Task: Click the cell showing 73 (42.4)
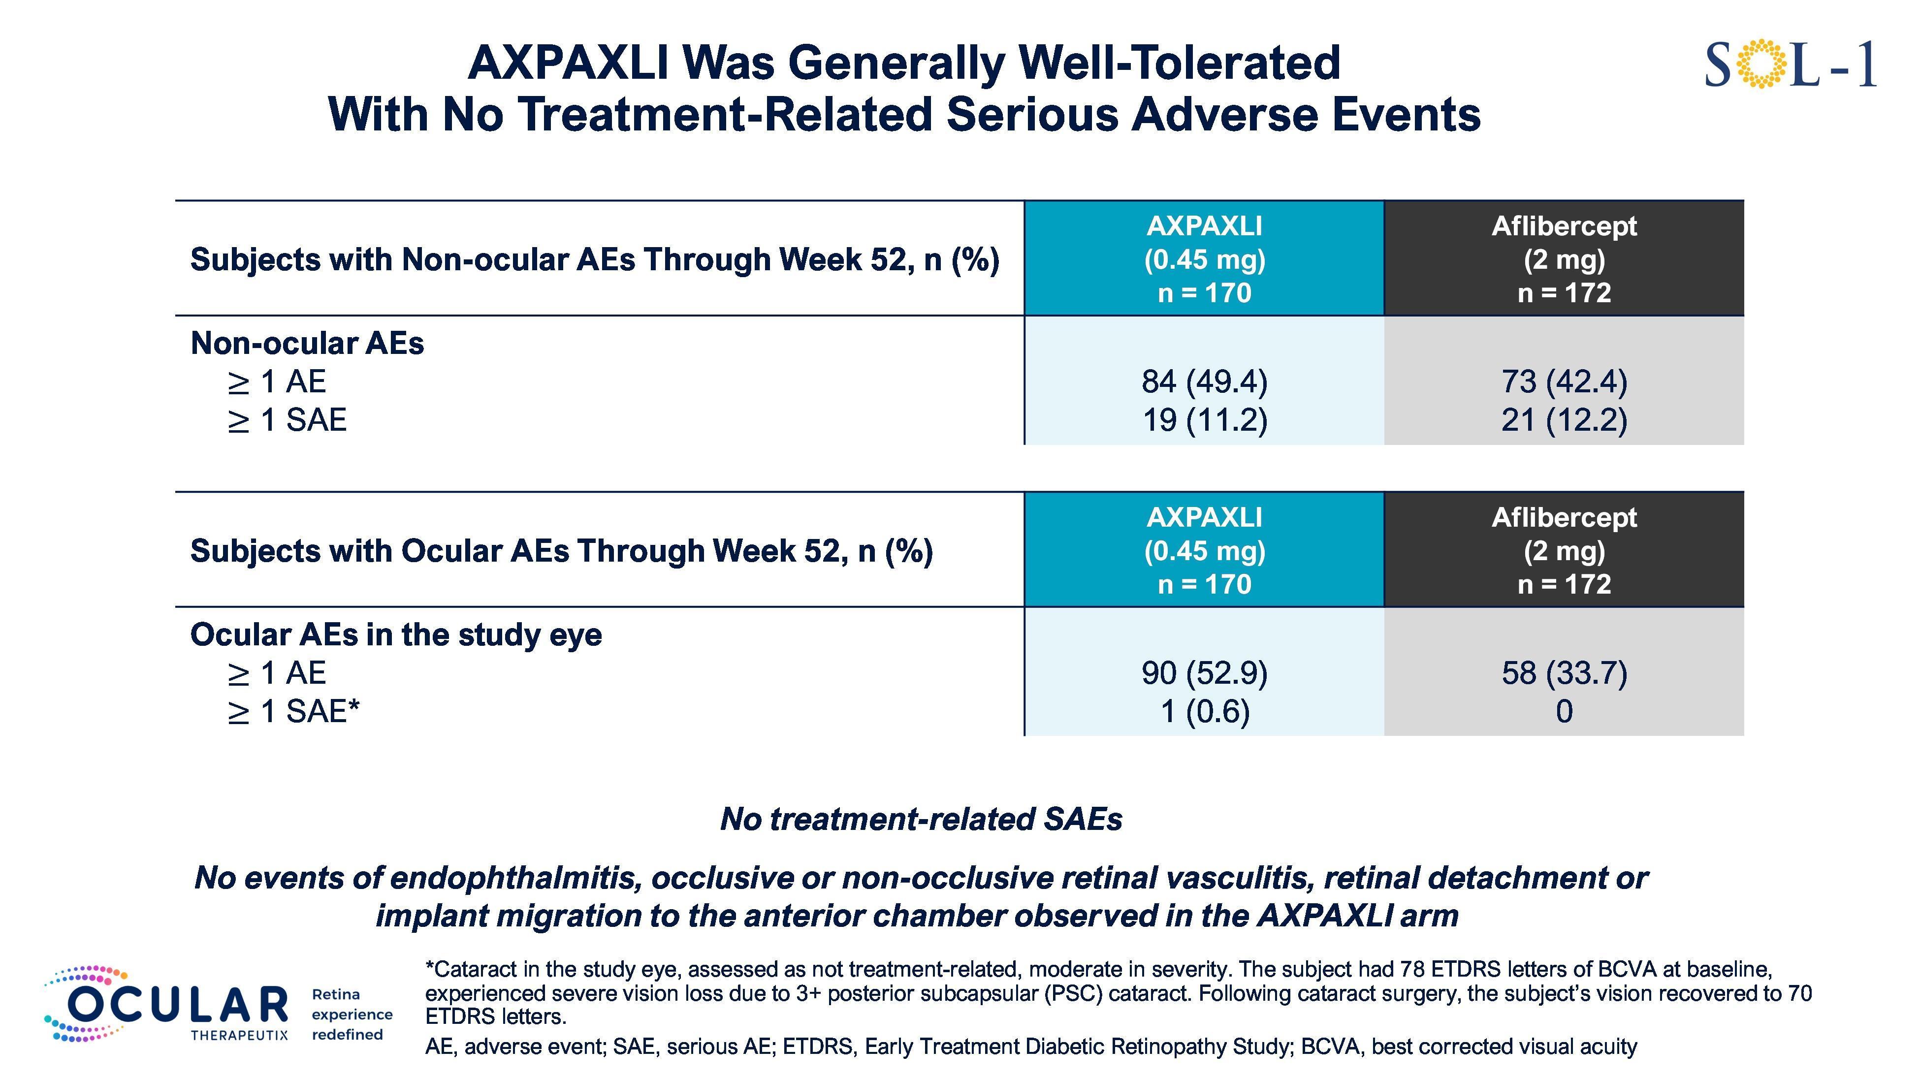click(1564, 382)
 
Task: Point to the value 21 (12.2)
click(1564, 420)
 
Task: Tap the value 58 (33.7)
click(1564, 673)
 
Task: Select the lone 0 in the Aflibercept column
click(1564, 711)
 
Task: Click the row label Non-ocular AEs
click(307, 344)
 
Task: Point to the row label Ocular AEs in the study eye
click(396, 634)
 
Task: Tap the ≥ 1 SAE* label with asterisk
click(294, 711)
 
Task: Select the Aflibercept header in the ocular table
click(1564, 550)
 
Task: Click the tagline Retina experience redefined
click(351, 1015)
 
